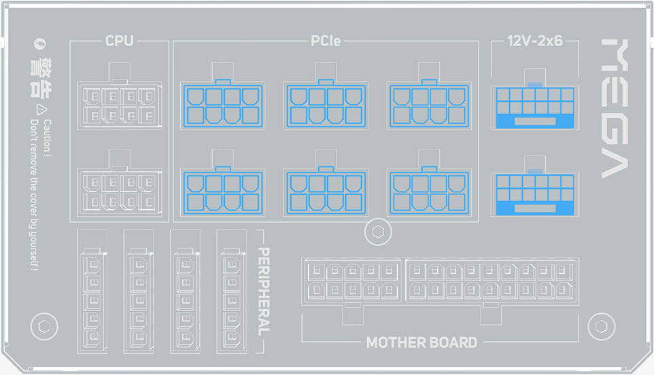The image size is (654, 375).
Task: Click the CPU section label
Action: [119, 41]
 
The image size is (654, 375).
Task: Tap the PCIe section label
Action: [326, 41]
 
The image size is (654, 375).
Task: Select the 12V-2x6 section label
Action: [535, 41]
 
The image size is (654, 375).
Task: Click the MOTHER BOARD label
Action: [421, 342]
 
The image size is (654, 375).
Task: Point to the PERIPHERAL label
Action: [264, 291]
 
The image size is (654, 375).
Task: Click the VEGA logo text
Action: [615, 109]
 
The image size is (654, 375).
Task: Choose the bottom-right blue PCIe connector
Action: [429, 192]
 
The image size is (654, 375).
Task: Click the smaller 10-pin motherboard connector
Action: [351, 281]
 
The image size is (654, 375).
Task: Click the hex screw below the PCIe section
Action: [378, 232]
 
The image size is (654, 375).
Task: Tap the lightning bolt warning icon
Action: [39, 43]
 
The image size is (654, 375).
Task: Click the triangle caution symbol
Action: [41, 109]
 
